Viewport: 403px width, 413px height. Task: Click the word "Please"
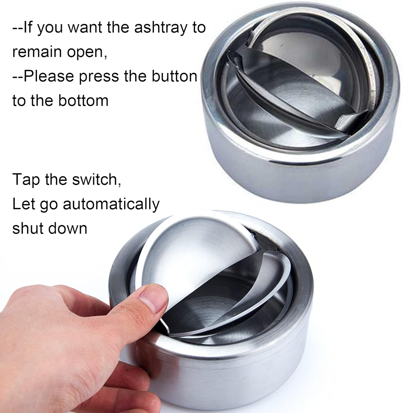[49, 76]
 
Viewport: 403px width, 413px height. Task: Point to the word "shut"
[27, 228]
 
